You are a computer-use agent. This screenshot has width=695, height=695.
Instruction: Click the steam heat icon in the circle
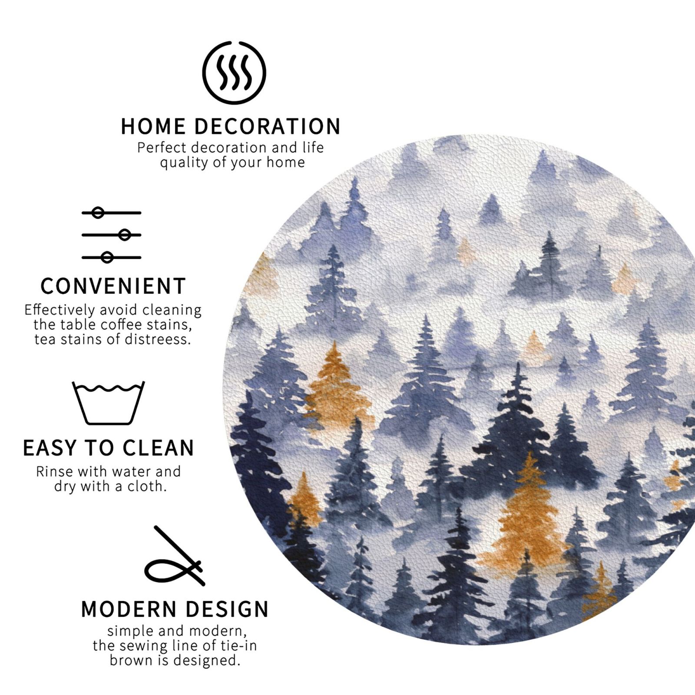[234, 73]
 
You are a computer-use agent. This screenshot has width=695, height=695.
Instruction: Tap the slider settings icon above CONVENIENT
[112, 235]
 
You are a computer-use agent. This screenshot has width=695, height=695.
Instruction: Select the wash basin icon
[108, 403]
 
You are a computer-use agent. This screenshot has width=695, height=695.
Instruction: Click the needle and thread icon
[175, 556]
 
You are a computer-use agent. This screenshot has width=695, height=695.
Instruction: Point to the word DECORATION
[267, 126]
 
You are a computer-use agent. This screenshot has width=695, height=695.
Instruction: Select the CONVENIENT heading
[113, 286]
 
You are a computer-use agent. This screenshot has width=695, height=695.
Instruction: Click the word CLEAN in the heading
[159, 448]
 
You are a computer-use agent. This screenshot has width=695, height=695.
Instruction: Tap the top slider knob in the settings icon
[99, 213]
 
